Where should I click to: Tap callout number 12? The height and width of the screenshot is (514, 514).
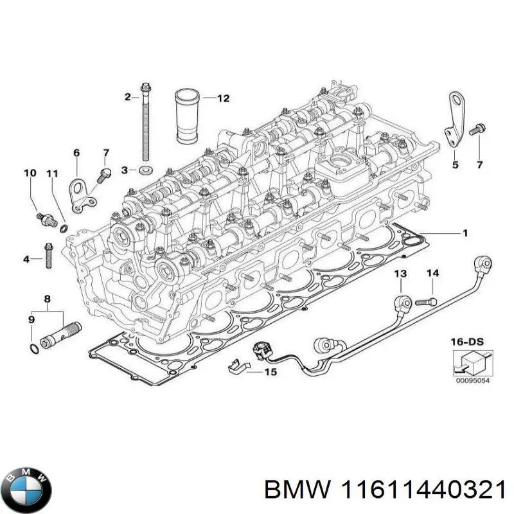pos(222,98)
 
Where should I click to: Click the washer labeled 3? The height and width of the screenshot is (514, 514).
pos(146,170)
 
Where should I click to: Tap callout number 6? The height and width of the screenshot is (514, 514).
pos(76,152)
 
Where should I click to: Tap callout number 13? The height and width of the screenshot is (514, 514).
pos(400,274)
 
